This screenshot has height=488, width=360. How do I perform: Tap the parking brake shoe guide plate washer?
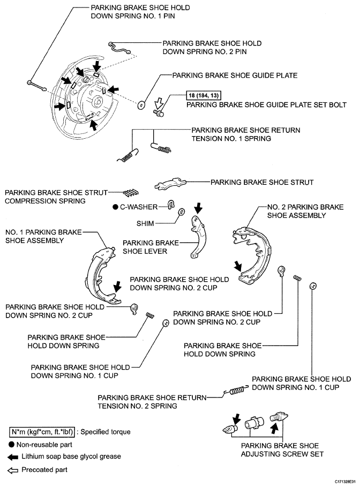141,105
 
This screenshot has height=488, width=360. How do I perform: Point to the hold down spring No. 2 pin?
119,48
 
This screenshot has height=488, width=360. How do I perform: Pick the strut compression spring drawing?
131,193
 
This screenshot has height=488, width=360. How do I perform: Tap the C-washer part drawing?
171,205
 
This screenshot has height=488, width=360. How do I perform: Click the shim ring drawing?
181,212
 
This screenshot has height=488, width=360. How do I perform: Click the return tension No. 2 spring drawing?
237,390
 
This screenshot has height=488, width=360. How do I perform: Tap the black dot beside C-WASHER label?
115,207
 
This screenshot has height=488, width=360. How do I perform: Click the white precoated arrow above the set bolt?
159,103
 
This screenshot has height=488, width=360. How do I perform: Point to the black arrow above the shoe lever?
198,208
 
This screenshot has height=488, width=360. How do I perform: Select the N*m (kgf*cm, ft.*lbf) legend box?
42,432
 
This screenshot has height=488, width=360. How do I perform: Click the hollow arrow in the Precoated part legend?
13,470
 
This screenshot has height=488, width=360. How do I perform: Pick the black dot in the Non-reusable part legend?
11,445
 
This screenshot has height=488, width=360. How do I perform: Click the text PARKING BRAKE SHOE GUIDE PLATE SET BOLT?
266,105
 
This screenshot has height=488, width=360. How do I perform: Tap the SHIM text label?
145,223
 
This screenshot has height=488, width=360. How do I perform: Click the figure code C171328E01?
345,482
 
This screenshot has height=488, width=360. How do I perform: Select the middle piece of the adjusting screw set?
254,422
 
